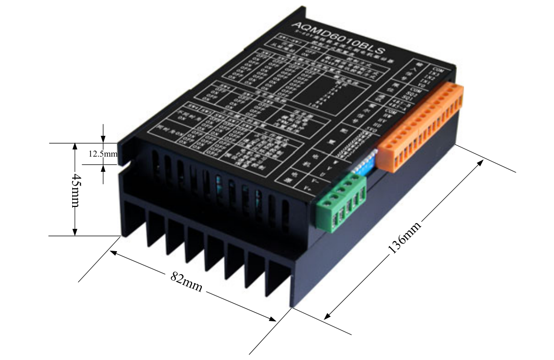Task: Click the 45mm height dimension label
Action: [75, 190]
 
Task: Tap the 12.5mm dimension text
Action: [103, 153]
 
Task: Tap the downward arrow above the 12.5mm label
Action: [104, 138]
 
